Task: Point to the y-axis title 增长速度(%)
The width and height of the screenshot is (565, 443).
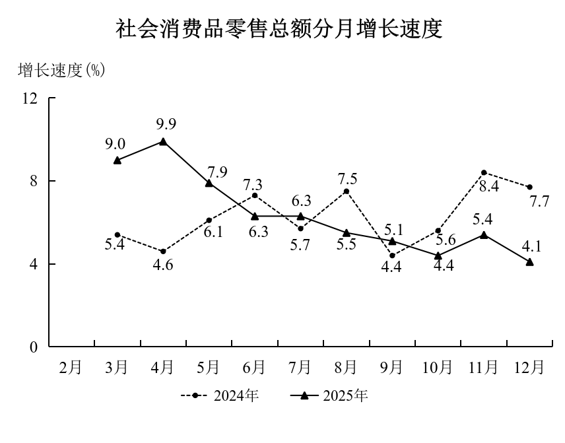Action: [61, 71]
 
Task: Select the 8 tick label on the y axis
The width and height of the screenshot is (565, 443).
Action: [34, 181]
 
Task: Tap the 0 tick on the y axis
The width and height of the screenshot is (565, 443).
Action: [34, 347]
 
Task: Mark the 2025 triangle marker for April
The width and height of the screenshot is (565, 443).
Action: [163, 141]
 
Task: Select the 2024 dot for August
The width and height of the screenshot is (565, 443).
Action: [347, 191]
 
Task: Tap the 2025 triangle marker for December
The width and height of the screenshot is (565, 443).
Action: [530, 262]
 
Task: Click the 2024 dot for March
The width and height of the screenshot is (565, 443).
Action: [117, 235]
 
